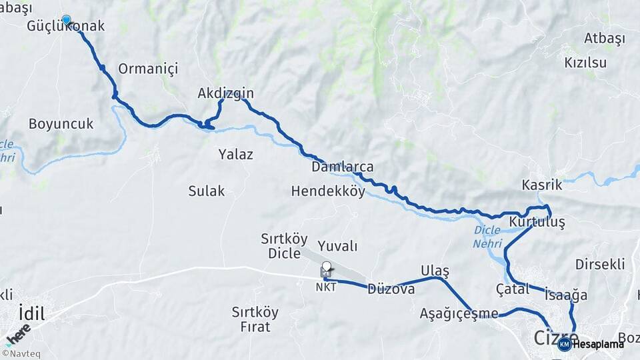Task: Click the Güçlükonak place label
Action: point(66,27)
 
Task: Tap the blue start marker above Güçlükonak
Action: point(66,19)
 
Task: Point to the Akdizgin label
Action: point(225,94)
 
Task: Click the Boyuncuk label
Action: point(61,124)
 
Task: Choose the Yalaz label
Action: point(235,155)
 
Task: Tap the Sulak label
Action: point(206,191)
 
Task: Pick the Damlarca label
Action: point(342,167)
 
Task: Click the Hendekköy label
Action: point(328,191)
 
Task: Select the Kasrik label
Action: point(542,185)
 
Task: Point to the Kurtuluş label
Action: point(537,222)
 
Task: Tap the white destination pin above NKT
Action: point(326,267)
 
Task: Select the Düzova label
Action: point(391,289)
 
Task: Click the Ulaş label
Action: point(435,270)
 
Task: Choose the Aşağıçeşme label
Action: point(459,313)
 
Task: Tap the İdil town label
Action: point(31,313)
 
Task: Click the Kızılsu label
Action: point(585,63)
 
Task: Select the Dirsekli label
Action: point(600,264)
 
